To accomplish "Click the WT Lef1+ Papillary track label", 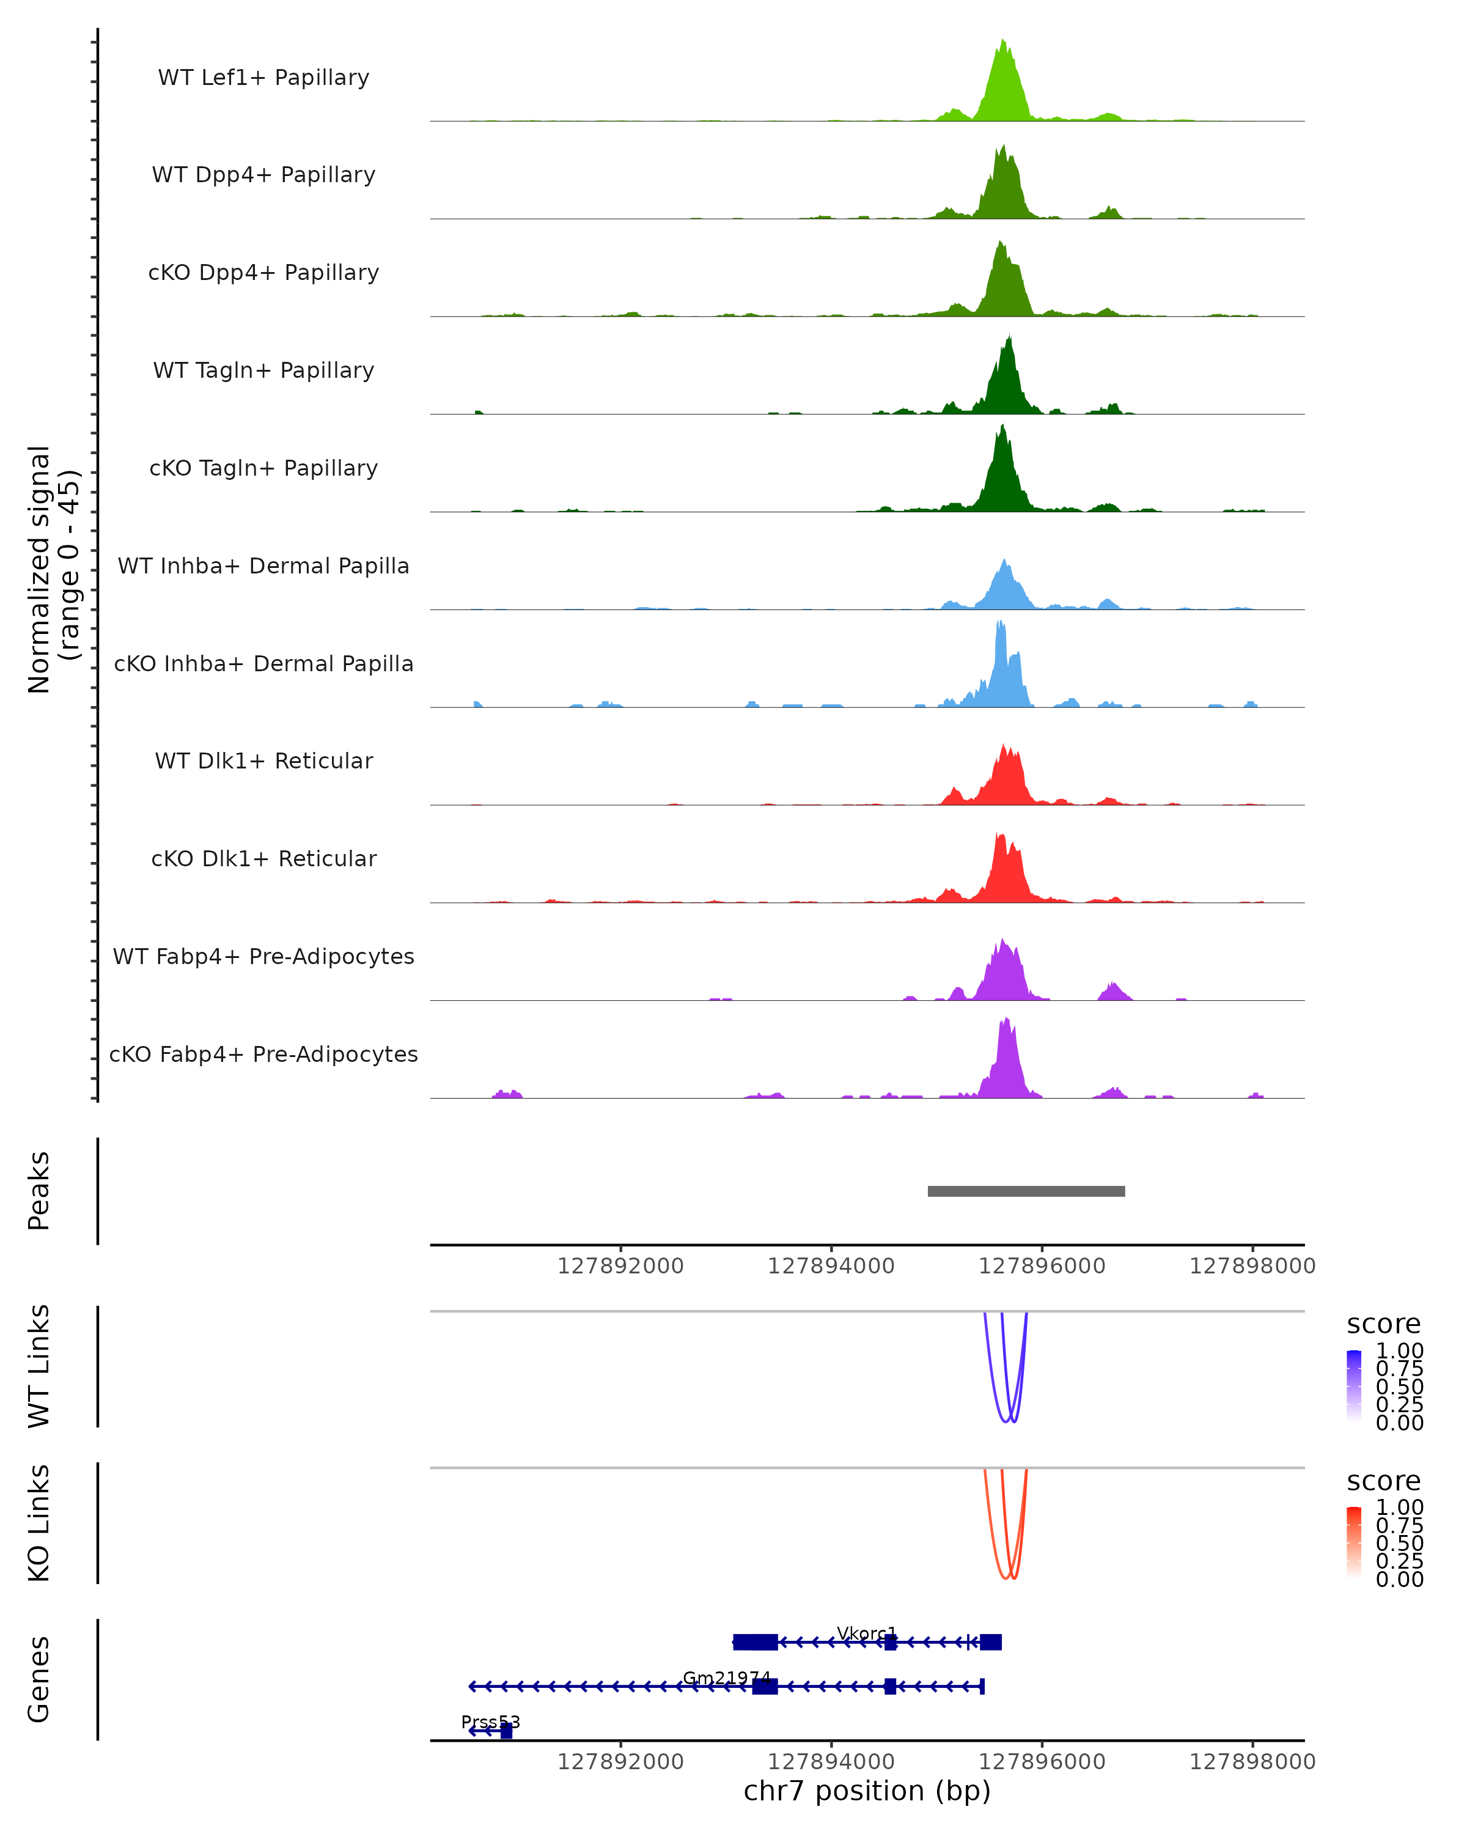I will coord(263,78).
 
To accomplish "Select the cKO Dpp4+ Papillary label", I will coord(263,273).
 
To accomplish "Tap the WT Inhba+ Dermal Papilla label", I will coord(263,567).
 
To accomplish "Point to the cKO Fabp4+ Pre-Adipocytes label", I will coord(263,1055).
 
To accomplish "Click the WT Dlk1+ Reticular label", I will coord(263,761).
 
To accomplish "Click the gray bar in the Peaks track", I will coord(1026,1191).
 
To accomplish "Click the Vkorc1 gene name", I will coord(867,1634).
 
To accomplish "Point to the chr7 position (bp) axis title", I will coord(867,1791).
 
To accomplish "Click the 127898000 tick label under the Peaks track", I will coord(1252,1267).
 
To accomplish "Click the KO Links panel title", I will coord(39,1523).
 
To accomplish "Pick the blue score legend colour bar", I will coord(1354,1386).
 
